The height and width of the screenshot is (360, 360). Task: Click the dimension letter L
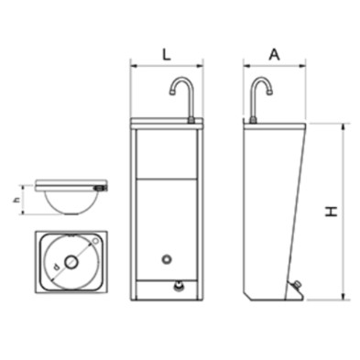tap(166, 55)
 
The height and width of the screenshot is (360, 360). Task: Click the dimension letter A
tap(274, 55)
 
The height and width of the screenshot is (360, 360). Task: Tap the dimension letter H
tap(332, 212)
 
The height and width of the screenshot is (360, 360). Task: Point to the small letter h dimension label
tap(17, 200)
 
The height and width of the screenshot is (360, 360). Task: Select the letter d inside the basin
tap(56, 267)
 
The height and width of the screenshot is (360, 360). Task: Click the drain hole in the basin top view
tap(71, 262)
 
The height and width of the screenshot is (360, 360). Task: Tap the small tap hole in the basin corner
tap(95, 241)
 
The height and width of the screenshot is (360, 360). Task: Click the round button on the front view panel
tap(167, 259)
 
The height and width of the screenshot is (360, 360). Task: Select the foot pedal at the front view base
tap(178, 286)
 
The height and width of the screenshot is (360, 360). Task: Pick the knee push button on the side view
tap(296, 286)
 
